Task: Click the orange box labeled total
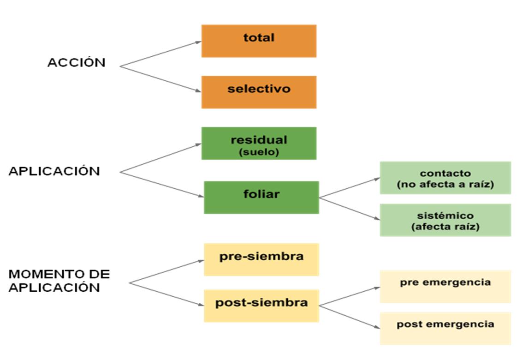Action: [259, 41]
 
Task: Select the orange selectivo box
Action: [259, 92]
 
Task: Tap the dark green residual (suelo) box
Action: [259, 143]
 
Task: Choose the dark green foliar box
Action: [261, 197]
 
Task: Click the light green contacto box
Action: [445, 178]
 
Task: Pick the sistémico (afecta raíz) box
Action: [445, 220]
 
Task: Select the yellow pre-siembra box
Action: [261, 259]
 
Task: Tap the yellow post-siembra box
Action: [261, 306]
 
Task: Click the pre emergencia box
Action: [445, 286]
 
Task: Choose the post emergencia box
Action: [445, 328]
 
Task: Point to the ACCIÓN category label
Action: [76, 63]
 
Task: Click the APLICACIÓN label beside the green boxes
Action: [54, 171]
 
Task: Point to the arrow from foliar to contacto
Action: [349, 188]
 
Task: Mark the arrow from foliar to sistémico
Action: [349, 209]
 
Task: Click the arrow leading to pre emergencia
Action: [349, 296]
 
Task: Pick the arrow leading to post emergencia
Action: [349, 317]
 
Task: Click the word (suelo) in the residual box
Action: [259, 152]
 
